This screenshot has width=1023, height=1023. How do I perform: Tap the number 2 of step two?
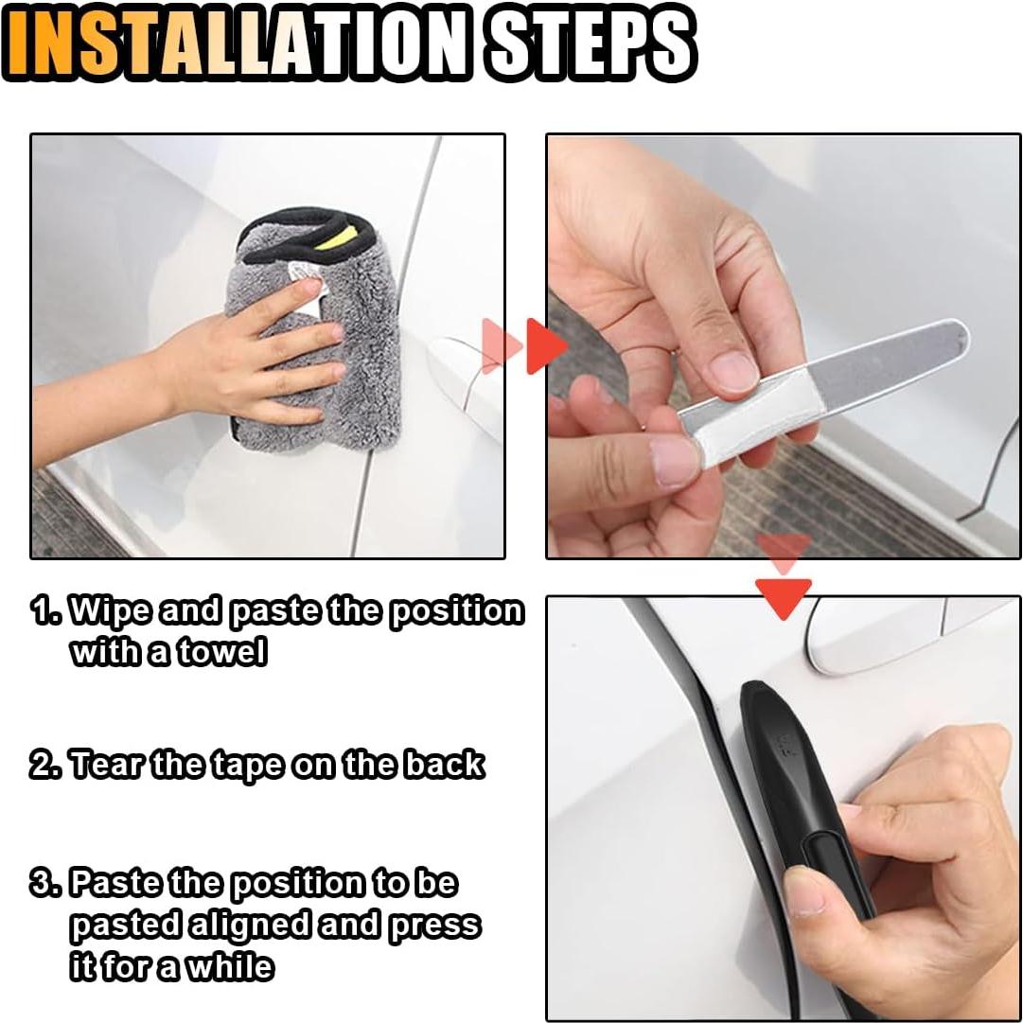pyautogui.click(x=43, y=765)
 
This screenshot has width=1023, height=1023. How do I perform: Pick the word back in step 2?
pyautogui.click(x=444, y=764)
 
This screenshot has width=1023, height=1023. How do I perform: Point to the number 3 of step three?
pyautogui.click(x=43, y=884)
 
